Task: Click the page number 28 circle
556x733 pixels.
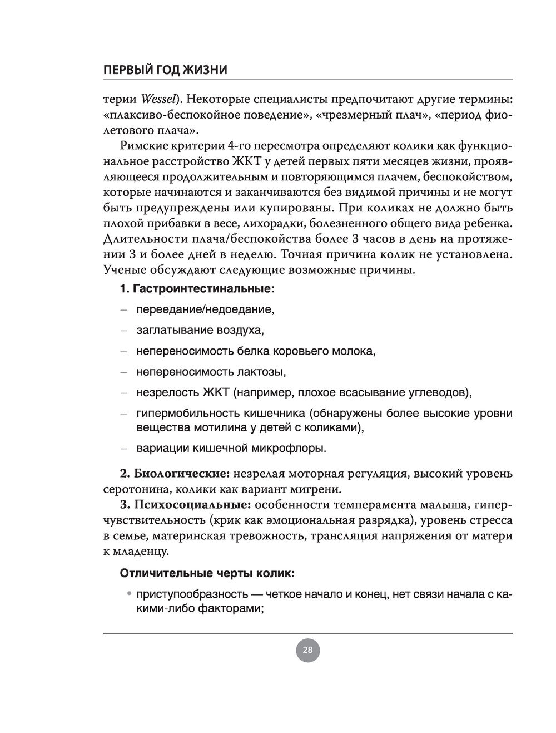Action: (307, 650)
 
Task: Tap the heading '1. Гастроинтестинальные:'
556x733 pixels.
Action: (197, 289)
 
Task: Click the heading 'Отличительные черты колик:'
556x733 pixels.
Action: (207, 573)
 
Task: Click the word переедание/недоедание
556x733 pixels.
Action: (205, 309)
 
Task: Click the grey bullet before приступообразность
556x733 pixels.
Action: (129, 594)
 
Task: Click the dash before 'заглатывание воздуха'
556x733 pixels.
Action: (124, 331)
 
